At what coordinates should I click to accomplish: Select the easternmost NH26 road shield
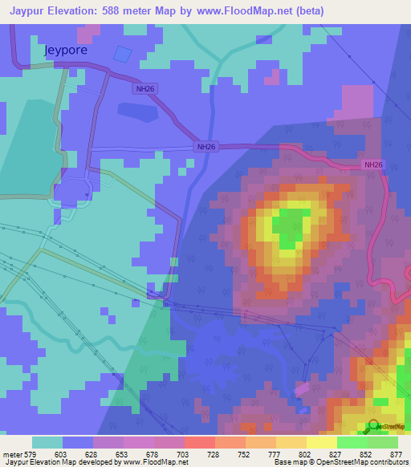click(372, 164)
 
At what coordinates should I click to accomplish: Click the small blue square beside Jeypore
click(121, 54)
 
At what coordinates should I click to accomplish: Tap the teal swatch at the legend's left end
click(47, 442)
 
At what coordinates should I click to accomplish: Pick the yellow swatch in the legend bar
click(321, 442)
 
